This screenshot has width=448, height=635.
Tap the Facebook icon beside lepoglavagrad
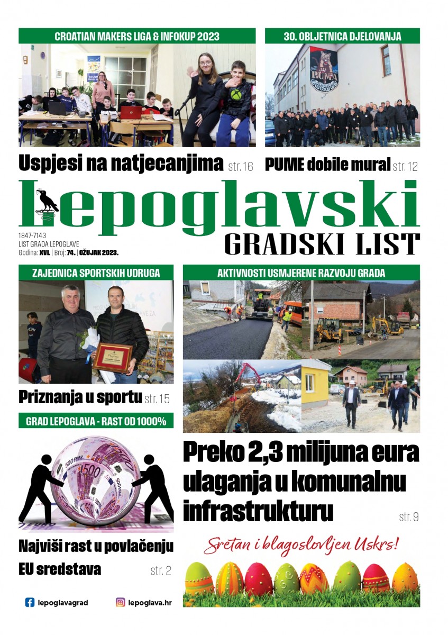pos(30,602)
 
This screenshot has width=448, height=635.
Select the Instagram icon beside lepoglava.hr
pos(121,602)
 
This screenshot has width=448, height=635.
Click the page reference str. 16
pos(241,167)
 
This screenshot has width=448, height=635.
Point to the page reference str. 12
pos(405,167)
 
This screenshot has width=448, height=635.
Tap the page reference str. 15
pos(157,398)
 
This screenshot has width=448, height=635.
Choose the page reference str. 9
pos(408,516)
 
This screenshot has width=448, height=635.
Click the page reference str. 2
pos(161,570)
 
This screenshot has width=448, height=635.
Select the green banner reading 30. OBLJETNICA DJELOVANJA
pos(342,36)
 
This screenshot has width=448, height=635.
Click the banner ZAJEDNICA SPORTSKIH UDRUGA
pos(96,273)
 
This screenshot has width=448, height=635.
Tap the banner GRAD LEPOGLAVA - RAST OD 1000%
pos(96,421)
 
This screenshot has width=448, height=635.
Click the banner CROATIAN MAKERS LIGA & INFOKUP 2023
pos(137,36)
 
